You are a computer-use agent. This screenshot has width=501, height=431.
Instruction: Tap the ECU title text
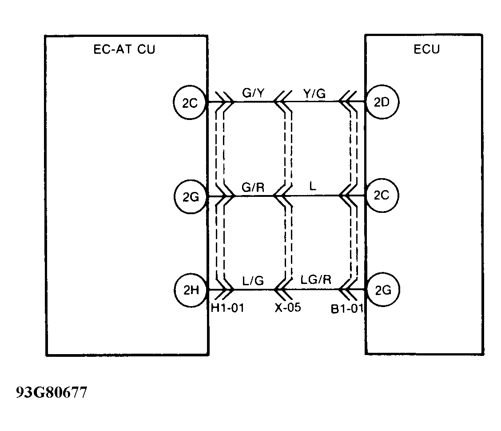[426, 49]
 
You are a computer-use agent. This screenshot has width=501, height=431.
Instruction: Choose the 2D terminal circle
[382, 102]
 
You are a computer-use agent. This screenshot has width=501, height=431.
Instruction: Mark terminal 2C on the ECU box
[382, 196]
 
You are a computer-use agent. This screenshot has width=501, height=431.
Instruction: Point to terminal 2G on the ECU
[382, 290]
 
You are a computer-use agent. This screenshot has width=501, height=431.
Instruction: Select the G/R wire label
[253, 187]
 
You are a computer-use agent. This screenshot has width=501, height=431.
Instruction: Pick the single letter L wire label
[313, 187]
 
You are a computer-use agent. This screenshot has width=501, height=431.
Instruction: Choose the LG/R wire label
[316, 281]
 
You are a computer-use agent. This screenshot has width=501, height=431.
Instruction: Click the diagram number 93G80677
[52, 393]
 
